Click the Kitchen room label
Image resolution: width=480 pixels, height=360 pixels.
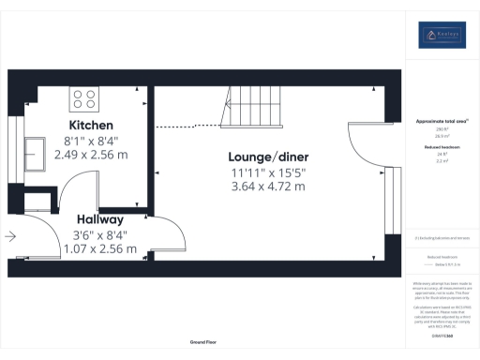click(x=91, y=125)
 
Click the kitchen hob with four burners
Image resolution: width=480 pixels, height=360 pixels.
click(x=81, y=97)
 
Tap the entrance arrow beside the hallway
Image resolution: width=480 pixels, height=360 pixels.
click(x=10, y=237)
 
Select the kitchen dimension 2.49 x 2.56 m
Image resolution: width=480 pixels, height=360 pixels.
click(x=90, y=154)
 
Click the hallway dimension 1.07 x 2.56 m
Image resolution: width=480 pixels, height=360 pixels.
click(x=99, y=249)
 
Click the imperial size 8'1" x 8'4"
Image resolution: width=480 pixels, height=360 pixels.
click(x=90, y=140)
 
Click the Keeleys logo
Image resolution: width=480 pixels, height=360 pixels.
click(x=442, y=36)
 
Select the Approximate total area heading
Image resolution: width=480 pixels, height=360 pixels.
click(x=442, y=122)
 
